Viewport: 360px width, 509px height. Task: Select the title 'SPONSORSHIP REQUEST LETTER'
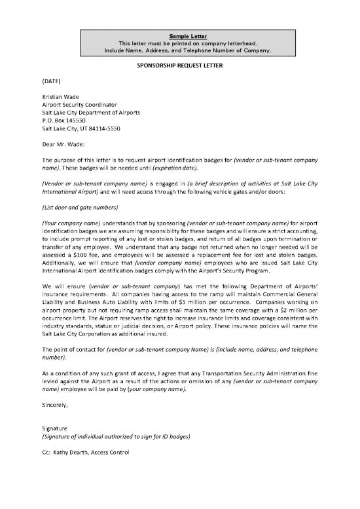coord(180,66)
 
